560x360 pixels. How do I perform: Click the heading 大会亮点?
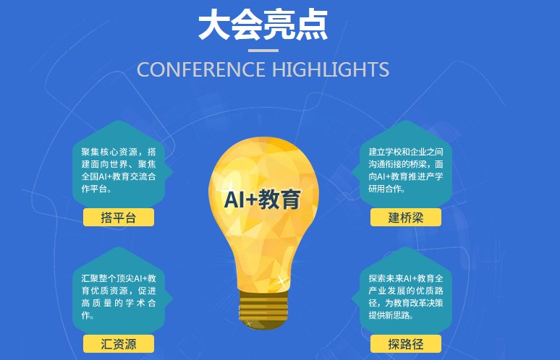(263, 25)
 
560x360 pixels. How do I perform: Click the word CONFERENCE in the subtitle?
(201, 69)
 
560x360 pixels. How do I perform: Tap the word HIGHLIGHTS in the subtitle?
(331, 69)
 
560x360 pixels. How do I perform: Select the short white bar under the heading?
(263, 51)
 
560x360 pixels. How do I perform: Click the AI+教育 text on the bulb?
(263, 199)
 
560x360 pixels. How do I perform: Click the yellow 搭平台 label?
(119, 218)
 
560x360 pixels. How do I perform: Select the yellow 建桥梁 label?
(406, 218)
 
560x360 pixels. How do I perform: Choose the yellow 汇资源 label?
(119, 344)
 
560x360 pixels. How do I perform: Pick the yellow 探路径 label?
(406, 344)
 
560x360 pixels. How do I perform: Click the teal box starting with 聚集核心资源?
(119, 165)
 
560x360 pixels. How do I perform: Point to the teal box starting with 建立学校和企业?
(405, 165)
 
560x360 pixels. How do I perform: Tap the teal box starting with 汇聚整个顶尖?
(119, 291)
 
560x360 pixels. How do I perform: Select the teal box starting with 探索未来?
(405, 291)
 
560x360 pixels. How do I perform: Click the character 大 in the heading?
(213, 25)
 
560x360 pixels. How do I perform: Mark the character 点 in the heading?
(312, 25)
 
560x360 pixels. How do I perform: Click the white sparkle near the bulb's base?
(281, 280)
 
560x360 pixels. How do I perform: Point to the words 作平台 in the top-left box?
(94, 189)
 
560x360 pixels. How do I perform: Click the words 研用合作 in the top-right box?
(386, 189)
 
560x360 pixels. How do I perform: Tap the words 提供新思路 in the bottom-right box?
(390, 315)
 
